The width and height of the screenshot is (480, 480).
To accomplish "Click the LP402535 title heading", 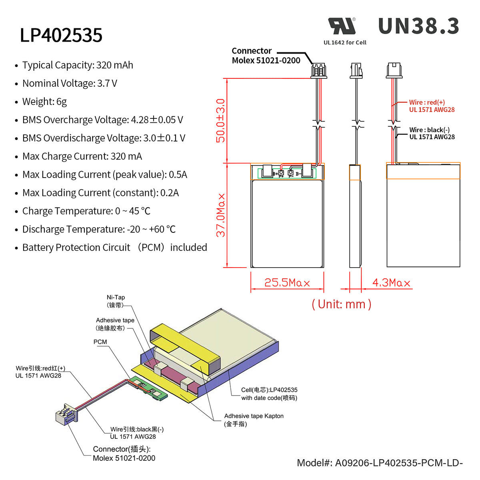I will click(61, 35).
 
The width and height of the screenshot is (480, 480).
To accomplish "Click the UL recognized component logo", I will click(342, 26).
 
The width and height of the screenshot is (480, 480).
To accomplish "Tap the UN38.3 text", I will click(418, 26).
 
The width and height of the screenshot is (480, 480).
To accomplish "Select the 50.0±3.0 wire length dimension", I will click(220, 120).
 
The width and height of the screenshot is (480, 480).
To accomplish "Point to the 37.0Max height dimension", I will click(221, 215).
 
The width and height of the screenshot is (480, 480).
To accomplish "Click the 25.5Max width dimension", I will click(287, 283).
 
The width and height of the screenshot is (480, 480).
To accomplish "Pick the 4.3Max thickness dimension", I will click(391, 283).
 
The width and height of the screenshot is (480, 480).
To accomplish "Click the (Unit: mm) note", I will click(341, 304).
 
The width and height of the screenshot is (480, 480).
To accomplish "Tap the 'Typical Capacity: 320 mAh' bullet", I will click(78, 65).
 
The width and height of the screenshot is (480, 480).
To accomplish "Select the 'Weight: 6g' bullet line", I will click(44, 102).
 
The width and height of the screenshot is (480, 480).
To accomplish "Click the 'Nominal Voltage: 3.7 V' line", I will click(70, 83).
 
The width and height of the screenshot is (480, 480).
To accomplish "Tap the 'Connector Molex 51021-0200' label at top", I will click(266, 56).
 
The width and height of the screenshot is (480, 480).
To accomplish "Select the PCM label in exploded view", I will click(100, 342).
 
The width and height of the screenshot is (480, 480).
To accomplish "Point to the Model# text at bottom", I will click(379, 463).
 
